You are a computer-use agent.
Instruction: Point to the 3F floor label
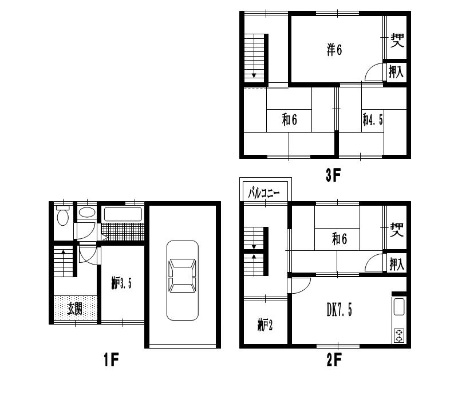click(x=333, y=175)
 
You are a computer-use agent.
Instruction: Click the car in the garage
click(x=183, y=280)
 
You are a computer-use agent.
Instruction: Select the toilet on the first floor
click(x=63, y=215)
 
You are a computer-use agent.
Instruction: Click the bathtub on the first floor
click(x=123, y=214)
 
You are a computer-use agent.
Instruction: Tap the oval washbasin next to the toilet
click(x=87, y=212)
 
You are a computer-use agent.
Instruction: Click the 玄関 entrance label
click(x=74, y=309)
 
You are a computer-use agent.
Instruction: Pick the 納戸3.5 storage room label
click(x=121, y=283)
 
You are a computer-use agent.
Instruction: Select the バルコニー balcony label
click(x=264, y=193)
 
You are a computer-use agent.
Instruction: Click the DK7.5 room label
click(x=339, y=310)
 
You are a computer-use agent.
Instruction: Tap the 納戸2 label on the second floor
click(x=265, y=325)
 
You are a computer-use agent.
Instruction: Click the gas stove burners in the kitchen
click(x=399, y=335)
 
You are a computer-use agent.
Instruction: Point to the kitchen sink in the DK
click(x=399, y=307)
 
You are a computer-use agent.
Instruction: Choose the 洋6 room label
click(x=334, y=50)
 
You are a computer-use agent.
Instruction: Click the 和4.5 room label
click(x=373, y=119)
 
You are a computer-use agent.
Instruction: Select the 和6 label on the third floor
click(x=290, y=120)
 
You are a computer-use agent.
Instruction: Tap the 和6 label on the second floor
click(x=339, y=239)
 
